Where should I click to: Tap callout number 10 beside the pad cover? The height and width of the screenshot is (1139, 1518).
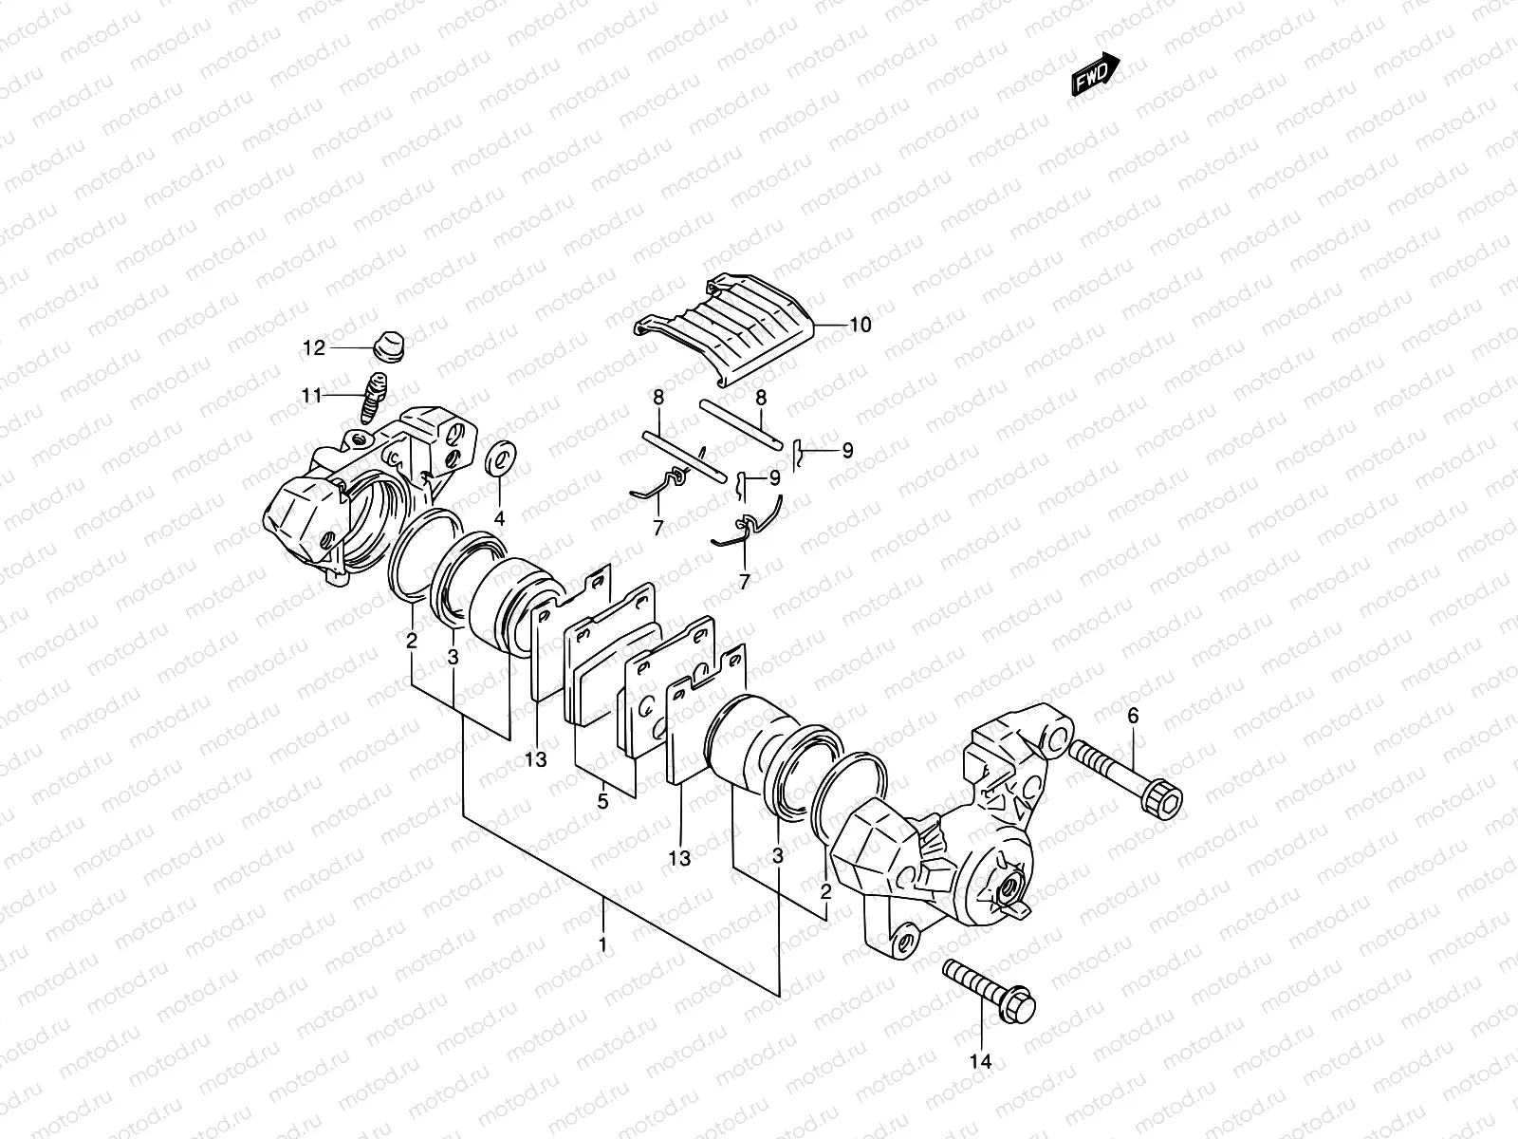coord(860,326)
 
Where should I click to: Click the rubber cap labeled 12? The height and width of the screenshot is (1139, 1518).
coord(386,346)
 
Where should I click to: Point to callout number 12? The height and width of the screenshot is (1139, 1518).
coord(314,348)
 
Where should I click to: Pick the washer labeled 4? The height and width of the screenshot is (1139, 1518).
coord(500,459)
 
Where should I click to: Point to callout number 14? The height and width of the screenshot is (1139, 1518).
coord(981,1062)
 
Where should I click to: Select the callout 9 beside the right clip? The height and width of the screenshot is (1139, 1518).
coord(847,451)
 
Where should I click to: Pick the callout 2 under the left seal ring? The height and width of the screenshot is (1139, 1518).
coord(412,642)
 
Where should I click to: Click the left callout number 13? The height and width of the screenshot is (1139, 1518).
coord(536,759)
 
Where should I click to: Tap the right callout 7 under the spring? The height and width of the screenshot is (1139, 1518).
coord(744,582)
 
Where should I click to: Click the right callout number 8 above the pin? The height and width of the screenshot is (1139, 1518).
coord(760,399)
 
